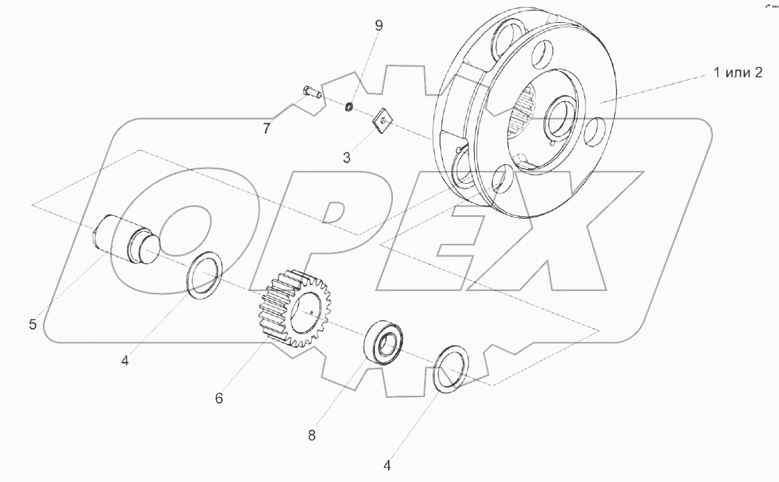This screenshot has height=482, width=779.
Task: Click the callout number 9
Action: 379,26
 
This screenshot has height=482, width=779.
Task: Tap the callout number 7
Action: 267,129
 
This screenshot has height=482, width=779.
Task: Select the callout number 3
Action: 347,157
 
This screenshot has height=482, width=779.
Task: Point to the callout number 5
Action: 33,325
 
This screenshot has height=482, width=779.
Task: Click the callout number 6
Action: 219,398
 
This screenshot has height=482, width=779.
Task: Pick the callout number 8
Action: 311,436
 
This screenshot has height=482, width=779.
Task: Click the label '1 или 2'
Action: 738,73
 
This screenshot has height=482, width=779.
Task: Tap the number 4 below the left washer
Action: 125,361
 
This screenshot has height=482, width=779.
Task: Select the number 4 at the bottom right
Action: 387,465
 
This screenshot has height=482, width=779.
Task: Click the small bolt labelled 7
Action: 311,93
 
